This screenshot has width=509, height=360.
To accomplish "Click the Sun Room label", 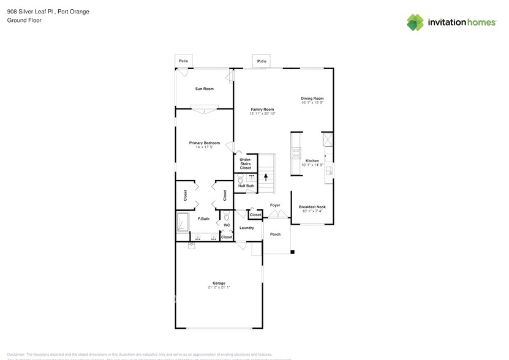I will [x=205, y=89].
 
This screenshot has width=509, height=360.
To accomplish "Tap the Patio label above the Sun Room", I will [x=183, y=61].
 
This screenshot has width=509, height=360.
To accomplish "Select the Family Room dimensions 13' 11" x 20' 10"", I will [x=262, y=114].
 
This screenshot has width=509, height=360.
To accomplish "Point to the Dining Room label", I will [x=312, y=98].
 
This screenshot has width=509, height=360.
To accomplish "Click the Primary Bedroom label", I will [x=203, y=143].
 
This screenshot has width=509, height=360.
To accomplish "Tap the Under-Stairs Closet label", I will [x=245, y=163].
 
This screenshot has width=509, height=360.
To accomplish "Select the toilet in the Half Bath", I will [x=241, y=179].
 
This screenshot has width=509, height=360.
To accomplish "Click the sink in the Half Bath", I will [x=251, y=176].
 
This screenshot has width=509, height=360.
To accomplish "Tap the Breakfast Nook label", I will [x=312, y=207].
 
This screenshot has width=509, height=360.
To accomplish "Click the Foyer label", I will [x=275, y=205].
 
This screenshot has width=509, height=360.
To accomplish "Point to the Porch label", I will [x=275, y=234].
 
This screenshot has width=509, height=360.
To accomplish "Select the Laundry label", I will [x=246, y=228].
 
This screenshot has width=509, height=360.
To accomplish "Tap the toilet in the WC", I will [x=227, y=216].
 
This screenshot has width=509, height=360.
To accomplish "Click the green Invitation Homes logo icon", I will [x=416, y=22].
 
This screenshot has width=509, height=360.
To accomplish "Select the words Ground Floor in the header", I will [x=24, y=20].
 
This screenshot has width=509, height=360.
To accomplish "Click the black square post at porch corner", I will [x=293, y=252].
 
